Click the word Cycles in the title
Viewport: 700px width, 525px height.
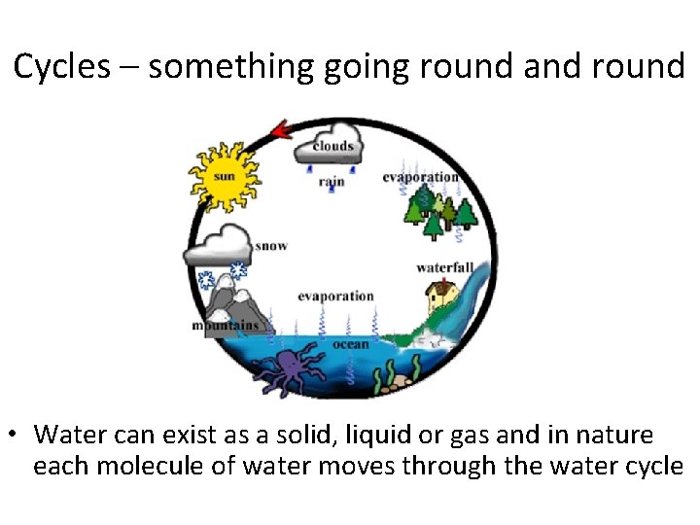click(x=61, y=67)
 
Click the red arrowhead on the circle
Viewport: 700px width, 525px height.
click(x=282, y=130)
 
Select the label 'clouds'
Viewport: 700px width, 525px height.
click(x=332, y=147)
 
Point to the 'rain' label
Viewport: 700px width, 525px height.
click(x=332, y=181)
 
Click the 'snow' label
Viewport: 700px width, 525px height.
click(x=271, y=246)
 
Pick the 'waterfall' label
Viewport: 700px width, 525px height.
click(x=444, y=267)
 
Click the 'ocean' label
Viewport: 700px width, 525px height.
click(x=351, y=343)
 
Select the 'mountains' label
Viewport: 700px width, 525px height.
click(x=226, y=326)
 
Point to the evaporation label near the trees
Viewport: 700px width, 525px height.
click(x=420, y=177)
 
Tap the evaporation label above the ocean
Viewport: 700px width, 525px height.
click(x=335, y=296)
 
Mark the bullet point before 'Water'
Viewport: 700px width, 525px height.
click(x=16, y=435)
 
